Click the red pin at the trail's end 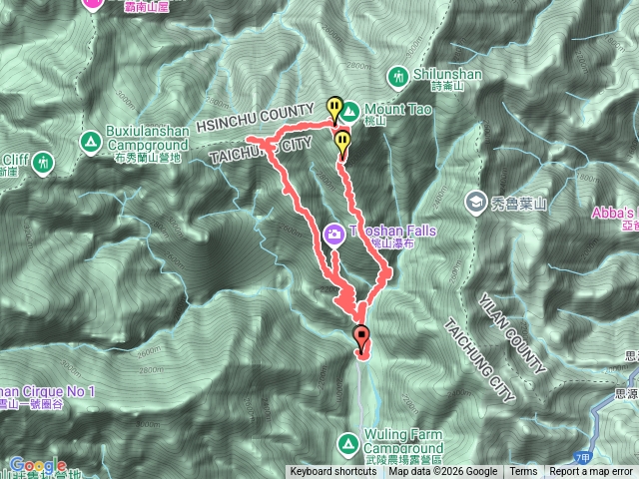point(361,336)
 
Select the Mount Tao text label point(398,109)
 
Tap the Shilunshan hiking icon point(399,76)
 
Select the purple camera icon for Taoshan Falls point(333,235)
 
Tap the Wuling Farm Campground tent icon point(348,440)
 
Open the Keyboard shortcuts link point(333,472)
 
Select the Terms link point(523,472)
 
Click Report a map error point(591,472)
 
